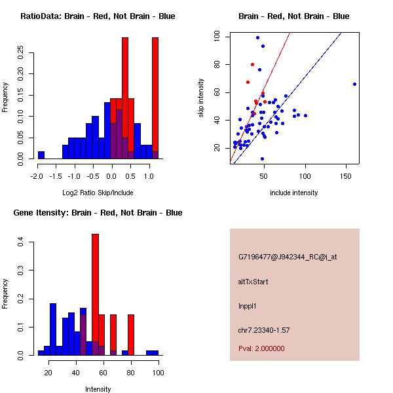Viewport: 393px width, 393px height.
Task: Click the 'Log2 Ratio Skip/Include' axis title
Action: tap(98, 193)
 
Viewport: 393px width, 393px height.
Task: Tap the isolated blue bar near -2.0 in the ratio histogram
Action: tap(41, 155)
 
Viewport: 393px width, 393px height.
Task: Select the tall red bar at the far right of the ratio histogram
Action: tap(155, 98)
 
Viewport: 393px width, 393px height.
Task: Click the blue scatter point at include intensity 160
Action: tap(354, 84)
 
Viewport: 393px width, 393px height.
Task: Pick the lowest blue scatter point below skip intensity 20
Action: tap(262, 159)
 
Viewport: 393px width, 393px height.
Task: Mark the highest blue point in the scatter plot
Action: tap(257, 37)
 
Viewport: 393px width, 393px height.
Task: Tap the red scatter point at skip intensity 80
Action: tap(252, 64)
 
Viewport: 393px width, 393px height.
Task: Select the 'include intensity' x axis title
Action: tap(294, 193)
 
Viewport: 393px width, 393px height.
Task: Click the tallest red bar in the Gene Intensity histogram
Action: tap(95, 295)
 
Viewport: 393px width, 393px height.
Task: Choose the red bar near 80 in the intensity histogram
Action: tap(131, 335)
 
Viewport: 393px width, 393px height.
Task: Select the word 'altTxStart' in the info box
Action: tap(253, 282)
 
